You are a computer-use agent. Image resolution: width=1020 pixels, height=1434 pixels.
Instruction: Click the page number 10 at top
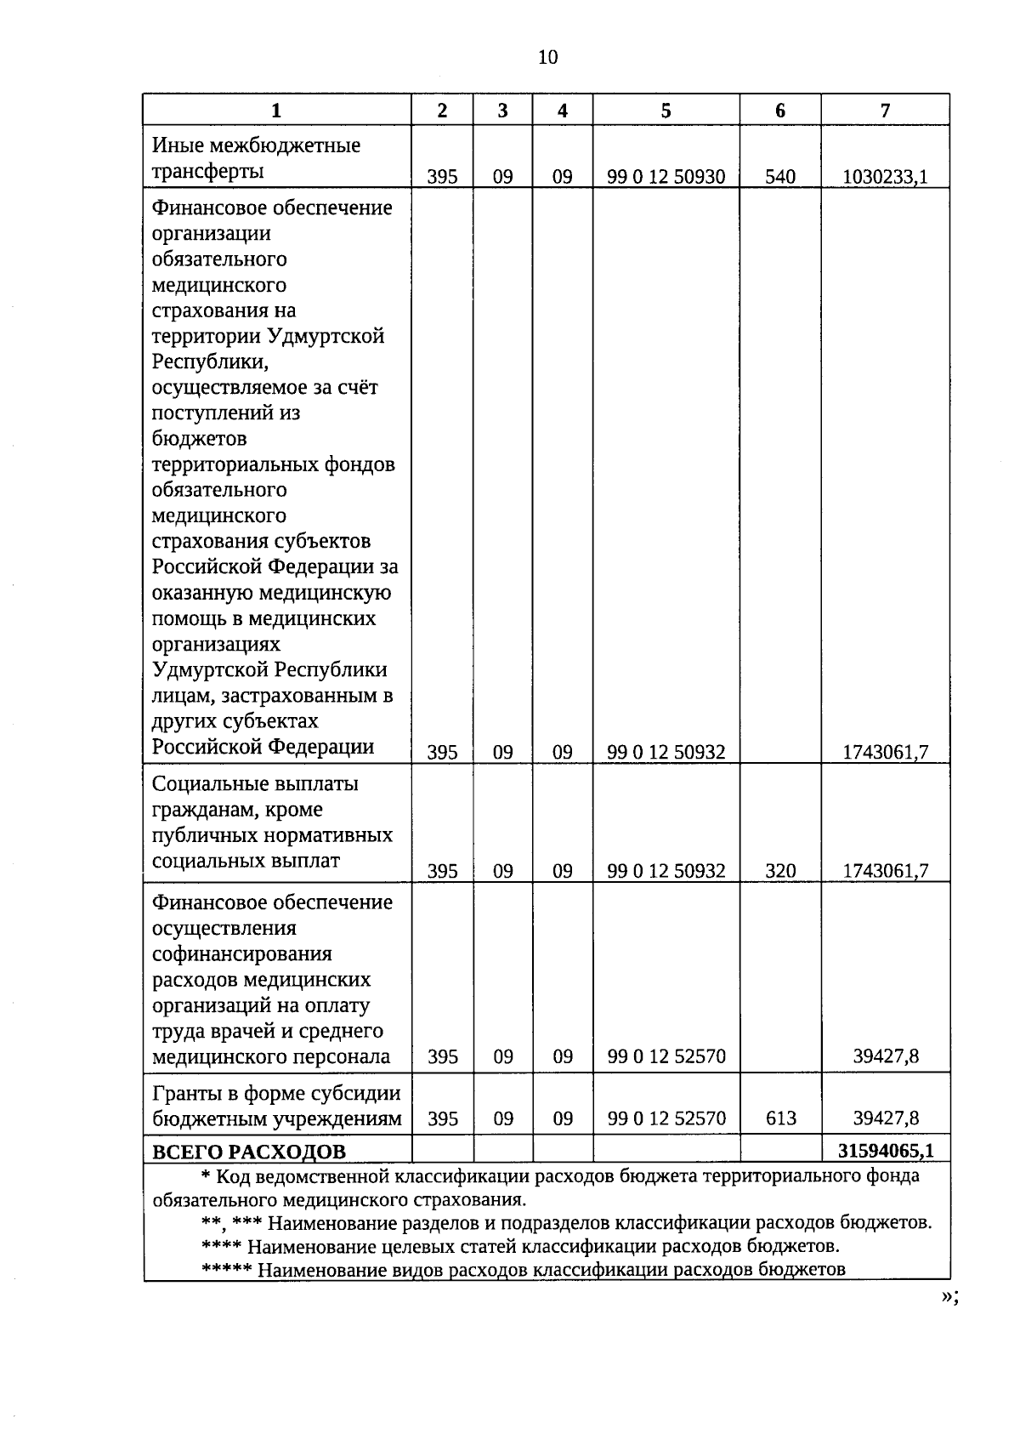point(547,57)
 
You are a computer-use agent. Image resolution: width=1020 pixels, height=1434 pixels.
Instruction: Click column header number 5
point(666,111)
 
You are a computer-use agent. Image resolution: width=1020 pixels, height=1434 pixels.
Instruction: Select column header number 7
point(885,111)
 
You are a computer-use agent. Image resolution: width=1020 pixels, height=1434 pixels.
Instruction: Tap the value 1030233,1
point(885,177)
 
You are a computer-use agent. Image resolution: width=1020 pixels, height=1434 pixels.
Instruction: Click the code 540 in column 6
point(780,177)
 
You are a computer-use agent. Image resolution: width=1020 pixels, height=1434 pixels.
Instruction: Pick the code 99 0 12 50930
point(666,177)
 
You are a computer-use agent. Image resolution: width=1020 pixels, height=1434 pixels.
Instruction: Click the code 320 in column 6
point(780,871)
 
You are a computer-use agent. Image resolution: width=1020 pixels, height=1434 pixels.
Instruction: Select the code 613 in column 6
point(780,1118)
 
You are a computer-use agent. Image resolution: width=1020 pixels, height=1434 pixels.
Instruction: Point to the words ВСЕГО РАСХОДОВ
point(249,1152)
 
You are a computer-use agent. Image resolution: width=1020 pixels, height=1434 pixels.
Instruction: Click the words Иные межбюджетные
point(256,145)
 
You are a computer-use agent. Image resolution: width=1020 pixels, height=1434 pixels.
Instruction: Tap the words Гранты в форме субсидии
point(276,1093)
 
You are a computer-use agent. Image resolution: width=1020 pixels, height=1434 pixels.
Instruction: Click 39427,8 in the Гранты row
point(886,1118)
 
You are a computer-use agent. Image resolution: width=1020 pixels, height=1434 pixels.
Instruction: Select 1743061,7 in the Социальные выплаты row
point(885,871)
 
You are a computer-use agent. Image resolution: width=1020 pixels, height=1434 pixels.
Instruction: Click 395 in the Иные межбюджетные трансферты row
point(442,177)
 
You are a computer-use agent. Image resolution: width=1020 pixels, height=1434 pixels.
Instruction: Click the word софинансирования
point(241,954)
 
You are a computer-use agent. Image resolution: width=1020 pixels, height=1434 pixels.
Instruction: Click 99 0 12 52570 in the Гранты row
point(666,1118)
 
